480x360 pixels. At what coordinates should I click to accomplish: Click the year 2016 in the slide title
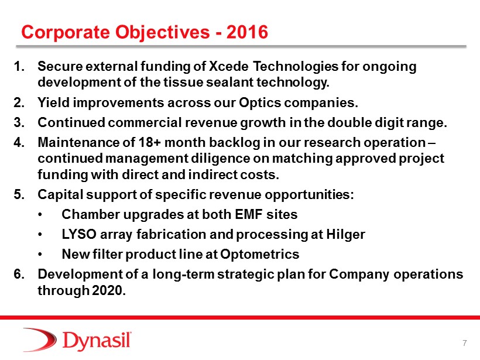coord(247,32)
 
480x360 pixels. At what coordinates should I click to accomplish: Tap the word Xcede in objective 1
coord(229,66)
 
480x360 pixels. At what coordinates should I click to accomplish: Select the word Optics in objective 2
coord(260,103)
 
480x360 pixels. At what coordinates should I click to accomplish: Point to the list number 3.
coord(19,122)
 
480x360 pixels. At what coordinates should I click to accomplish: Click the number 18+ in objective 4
coord(150,142)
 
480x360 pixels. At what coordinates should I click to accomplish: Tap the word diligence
coord(229,159)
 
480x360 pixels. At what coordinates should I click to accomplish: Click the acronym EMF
coord(249,214)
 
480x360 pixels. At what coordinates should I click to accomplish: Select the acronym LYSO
coord(79,234)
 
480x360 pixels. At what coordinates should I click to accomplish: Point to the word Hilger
coord(345,235)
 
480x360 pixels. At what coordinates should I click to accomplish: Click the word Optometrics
coord(259,255)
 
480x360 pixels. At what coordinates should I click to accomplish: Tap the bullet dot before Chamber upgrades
coord(40,215)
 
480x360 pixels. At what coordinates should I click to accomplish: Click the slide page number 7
coord(465,343)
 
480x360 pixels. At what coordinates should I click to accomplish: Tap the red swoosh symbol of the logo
coord(40,340)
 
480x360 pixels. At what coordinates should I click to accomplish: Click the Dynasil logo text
coord(97,341)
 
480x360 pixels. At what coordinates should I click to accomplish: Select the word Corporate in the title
coord(66,32)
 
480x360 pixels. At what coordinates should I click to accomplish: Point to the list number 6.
coord(19,274)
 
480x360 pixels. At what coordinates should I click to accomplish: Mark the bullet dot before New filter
coord(40,255)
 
